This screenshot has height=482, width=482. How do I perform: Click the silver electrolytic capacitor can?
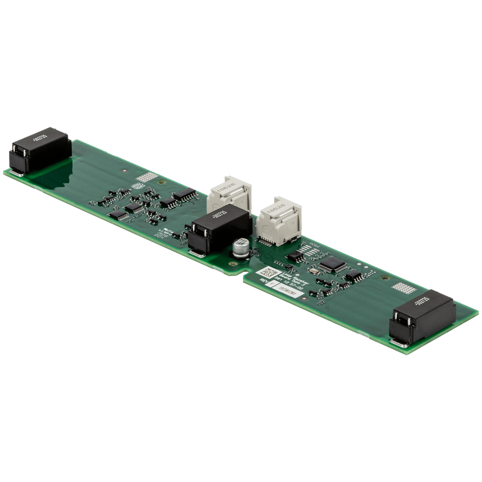(x=241, y=248)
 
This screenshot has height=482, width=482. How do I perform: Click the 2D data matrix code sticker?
(x=268, y=273)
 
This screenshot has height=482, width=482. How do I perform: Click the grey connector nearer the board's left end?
(x=229, y=194)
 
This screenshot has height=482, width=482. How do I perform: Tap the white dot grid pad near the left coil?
(x=146, y=178)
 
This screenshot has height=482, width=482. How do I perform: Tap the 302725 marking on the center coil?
(x=219, y=218)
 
